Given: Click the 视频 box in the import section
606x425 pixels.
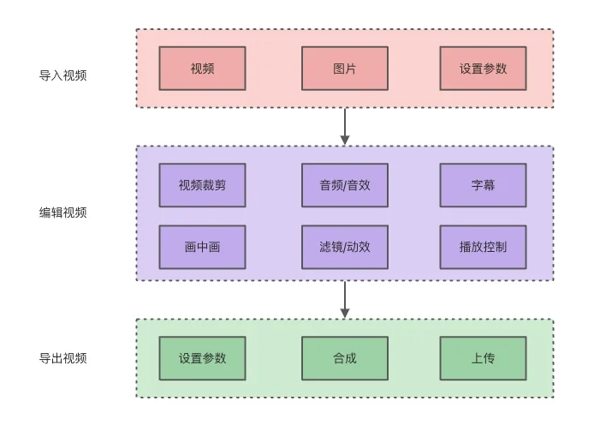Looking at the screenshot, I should pos(202,69).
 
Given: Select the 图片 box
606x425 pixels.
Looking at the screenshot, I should pos(344,69).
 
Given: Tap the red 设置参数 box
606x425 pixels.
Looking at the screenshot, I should pos(483,69).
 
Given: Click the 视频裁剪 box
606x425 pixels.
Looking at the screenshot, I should pos(202,185).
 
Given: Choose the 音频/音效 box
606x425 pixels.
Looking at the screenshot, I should pos(344,185).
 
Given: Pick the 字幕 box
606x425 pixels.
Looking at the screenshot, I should pos(483,185).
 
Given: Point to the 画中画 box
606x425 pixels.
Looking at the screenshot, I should pos(202,247).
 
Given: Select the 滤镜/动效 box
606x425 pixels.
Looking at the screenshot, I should pos(344,247).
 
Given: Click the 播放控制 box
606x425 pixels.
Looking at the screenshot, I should pos(483,247).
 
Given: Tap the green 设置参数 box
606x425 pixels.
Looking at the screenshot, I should pos(202,358).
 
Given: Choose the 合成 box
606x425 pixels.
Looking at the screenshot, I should pos(344,358).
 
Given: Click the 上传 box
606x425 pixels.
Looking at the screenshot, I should pos(483,358).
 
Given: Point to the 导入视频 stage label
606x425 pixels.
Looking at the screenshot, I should pos(62,75).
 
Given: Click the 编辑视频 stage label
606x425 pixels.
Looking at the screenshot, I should pos(62,212).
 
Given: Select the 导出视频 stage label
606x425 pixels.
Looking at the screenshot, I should pos(62,358).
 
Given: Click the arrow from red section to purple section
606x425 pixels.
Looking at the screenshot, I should pos(345,126).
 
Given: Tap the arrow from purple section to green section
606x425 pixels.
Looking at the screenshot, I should pos(345,299).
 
